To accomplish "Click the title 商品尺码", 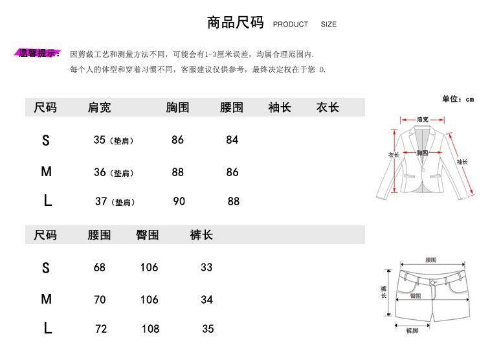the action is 235,23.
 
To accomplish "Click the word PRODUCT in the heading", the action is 291,25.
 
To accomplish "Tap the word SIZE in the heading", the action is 328,25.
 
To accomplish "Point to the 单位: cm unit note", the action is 458,99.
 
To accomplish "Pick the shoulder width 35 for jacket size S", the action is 99,140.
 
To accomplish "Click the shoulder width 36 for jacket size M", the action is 100,172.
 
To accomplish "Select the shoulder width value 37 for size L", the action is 101,201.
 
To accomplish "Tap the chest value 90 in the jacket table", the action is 179,201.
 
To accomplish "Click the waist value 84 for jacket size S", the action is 232,140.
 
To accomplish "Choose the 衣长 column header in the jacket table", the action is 328,107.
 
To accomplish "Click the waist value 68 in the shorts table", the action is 99,267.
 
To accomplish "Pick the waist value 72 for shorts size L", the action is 101,329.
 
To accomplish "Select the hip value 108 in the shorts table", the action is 150,329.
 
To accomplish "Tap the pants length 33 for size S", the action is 206,267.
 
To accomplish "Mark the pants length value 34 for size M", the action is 206,300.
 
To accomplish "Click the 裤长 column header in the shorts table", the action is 201,235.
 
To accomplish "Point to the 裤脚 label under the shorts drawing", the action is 412,331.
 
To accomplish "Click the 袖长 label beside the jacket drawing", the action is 462,162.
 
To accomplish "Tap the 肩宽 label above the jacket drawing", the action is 422,120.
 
